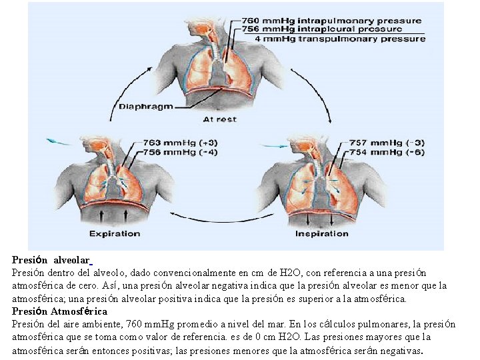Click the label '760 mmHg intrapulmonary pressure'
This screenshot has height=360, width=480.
point(331,20)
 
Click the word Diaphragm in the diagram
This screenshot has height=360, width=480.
point(145,106)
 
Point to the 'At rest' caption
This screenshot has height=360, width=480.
point(219,119)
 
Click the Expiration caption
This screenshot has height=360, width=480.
point(115,233)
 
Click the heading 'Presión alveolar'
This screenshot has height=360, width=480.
point(51,261)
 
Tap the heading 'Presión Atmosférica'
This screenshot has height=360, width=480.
point(59,311)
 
